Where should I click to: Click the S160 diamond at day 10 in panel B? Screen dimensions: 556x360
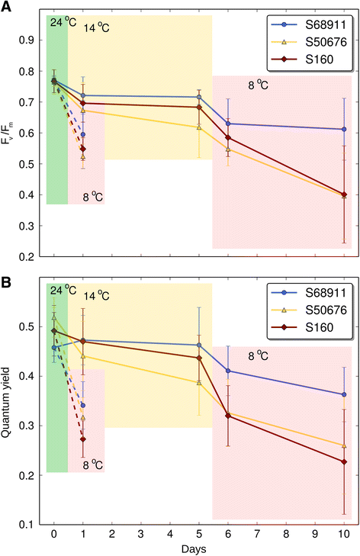[344, 461]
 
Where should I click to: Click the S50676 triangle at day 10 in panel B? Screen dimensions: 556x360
[344, 445]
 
